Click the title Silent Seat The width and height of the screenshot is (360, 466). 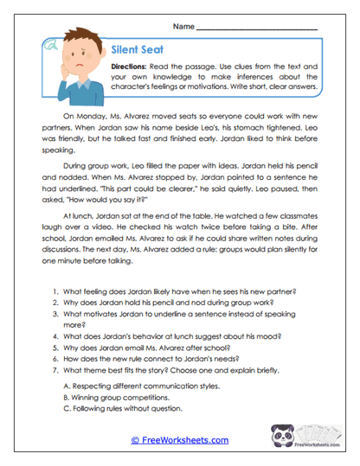[139, 51]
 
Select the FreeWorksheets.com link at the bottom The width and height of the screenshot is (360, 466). [179, 440]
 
